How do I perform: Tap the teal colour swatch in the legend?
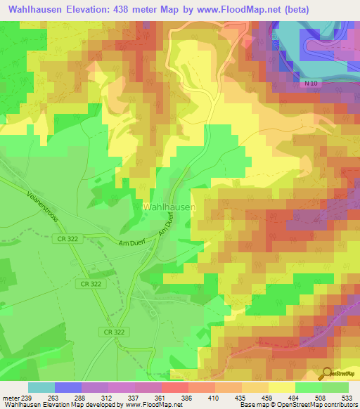[x=41, y=387]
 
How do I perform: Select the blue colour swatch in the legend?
[x=68, y=387]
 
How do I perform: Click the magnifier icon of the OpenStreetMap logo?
[x=327, y=373]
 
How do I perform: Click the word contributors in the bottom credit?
[x=339, y=405]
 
